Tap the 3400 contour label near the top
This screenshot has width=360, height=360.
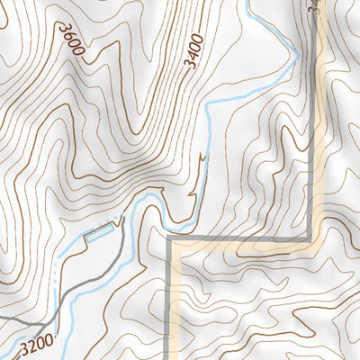(x=193, y=50)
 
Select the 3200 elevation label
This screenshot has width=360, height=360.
(x=35, y=344)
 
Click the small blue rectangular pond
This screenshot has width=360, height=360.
(x=100, y=236)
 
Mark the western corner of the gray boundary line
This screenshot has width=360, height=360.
(x=170, y=239)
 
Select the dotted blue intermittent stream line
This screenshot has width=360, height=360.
(x=56, y=270)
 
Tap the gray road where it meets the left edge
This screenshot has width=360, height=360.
(x=2, y=317)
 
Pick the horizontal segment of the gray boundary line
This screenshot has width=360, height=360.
(x=243, y=239)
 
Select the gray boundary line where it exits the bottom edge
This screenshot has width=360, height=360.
(x=170, y=357)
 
